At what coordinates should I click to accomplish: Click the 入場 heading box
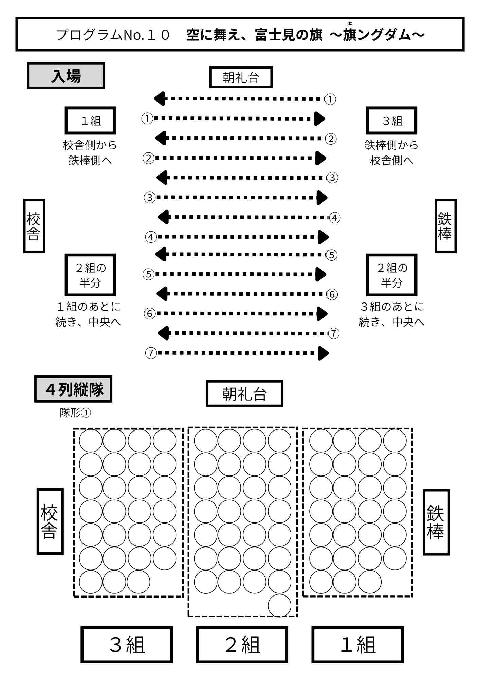coord(66,76)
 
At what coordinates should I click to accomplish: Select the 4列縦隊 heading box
coord(73,389)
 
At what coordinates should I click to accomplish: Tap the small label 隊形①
coord(75,413)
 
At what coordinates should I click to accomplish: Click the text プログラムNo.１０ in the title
coord(113,35)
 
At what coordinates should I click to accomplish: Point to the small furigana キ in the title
coord(349,24)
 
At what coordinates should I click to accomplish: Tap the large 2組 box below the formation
coord(242,645)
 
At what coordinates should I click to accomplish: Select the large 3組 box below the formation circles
coord(127,645)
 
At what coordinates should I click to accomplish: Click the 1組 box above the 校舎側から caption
coord(90,121)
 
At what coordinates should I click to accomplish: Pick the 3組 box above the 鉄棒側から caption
coord(391,121)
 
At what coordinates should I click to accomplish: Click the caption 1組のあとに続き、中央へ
coord(88,314)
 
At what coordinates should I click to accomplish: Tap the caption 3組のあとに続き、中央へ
coord(391,314)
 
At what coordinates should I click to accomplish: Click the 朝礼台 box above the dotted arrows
coord(241,77)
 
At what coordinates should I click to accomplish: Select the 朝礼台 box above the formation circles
coord(244,394)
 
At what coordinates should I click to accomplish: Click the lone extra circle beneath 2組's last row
coord(279,605)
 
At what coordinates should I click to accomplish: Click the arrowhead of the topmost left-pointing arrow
coord(160,99)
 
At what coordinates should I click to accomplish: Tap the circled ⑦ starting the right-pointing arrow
coord(151,353)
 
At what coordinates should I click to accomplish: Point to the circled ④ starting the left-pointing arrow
coord(335,218)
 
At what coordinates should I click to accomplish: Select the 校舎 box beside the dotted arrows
coord(34,226)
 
